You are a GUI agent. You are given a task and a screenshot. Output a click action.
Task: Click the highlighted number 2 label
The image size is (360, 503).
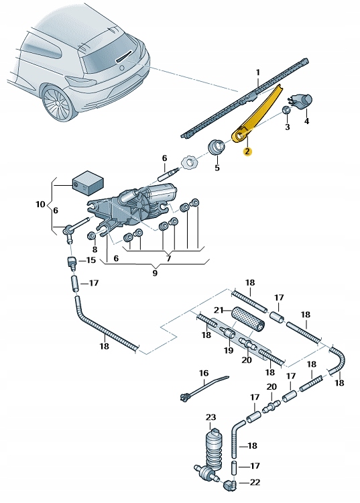click(x=247, y=152)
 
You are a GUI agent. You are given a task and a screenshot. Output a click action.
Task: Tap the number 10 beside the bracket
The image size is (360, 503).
click(x=40, y=204)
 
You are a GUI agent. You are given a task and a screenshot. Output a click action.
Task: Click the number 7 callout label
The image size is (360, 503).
click(x=169, y=258)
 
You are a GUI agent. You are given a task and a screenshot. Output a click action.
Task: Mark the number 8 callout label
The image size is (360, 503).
click(x=95, y=249)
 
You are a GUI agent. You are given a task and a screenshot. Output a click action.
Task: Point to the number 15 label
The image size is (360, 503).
click(x=91, y=260)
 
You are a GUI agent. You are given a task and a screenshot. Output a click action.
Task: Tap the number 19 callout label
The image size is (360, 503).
click(x=229, y=349)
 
